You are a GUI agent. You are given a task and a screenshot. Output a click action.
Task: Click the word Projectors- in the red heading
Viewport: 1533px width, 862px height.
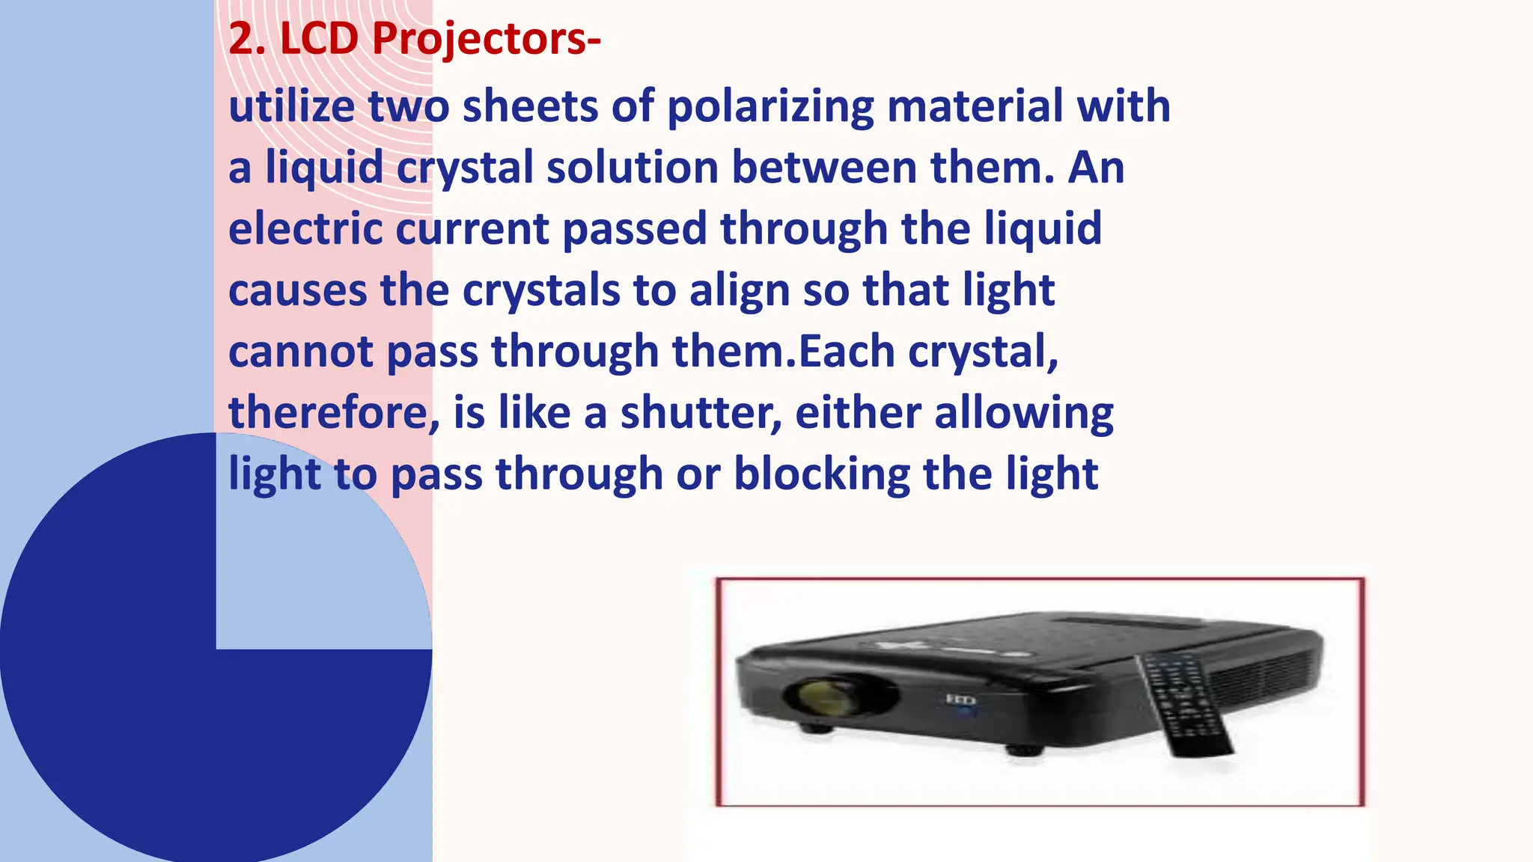coord(486,39)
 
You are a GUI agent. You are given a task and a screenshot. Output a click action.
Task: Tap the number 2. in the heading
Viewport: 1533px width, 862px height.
coord(247,39)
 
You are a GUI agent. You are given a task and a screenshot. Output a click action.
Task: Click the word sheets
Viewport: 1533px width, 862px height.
coord(531,106)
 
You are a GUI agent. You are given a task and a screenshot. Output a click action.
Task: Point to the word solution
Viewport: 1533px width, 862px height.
coord(633,167)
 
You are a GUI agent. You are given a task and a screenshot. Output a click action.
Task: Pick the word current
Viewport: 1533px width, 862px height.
coord(472,230)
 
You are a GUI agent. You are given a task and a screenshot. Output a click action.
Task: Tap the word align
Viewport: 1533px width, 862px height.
coord(740,291)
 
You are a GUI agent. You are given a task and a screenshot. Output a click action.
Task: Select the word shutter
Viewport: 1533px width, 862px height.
coord(701,413)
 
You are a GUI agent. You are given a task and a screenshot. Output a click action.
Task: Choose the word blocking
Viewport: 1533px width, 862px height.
coord(821,474)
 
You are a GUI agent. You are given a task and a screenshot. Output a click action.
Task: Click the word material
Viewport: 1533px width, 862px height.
coord(975,106)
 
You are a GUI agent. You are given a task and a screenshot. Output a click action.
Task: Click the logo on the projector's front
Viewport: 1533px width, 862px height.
coord(960,701)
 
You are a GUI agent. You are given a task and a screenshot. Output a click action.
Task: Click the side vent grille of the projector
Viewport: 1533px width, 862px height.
coord(1265,670)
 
